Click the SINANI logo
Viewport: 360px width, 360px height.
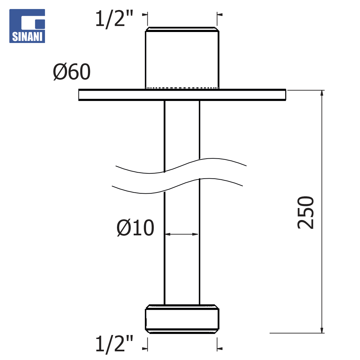point(27,26)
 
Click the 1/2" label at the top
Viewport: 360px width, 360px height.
point(114,19)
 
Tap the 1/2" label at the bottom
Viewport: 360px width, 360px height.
point(114,343)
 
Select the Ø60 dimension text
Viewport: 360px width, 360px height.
point(72,72)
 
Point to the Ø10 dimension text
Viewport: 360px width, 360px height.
point(135,228)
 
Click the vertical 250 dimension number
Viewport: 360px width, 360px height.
point(305,212)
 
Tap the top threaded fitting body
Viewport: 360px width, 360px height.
point(182,58)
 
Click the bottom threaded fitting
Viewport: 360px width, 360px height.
point(182,319)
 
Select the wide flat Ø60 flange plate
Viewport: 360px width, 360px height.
point(182,95)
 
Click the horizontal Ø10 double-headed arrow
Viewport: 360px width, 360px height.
point(182,234)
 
